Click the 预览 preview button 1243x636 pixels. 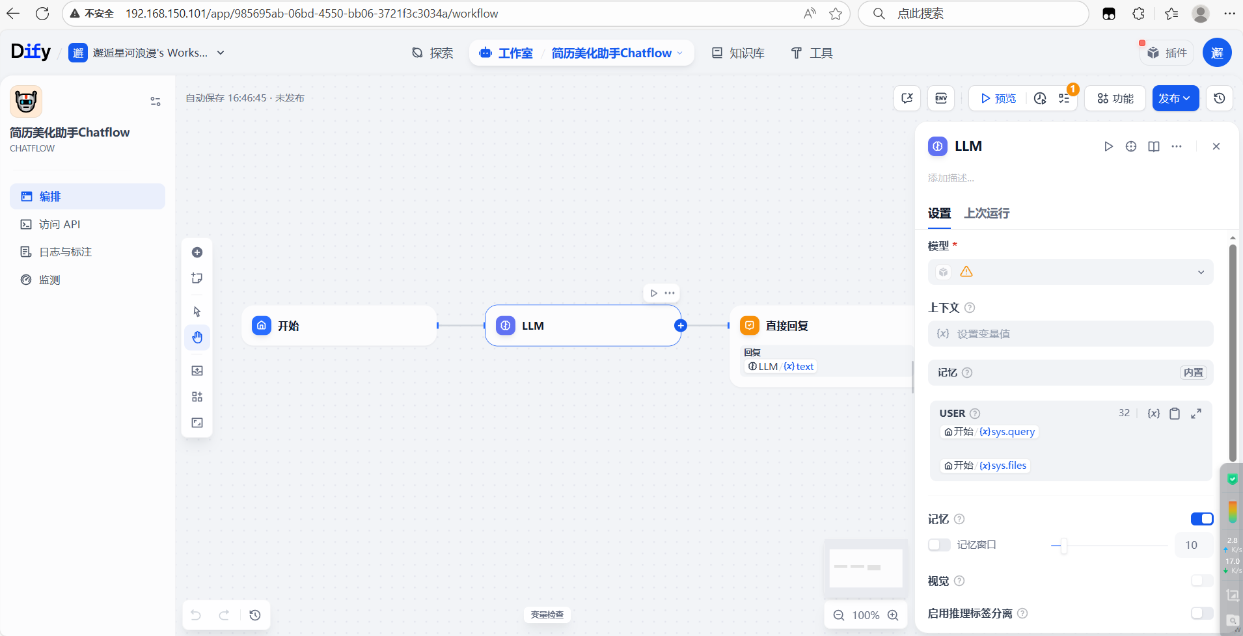tap(998, 98)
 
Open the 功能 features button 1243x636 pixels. tap(1115, 98)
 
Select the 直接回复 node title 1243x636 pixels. tap(787, 326)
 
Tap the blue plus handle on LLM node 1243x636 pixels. tap(681, 326)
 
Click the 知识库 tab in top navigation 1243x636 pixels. tap(738, 53)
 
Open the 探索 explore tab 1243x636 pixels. tap(433, 53)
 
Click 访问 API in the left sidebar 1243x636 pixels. tap(59, 224)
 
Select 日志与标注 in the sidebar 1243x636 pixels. tap(65, 252)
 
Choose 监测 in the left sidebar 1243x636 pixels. tap(49, 280)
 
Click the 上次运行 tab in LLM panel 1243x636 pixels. tap(987, 213)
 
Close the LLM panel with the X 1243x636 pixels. tap(1216, 146)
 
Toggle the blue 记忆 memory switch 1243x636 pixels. tap(1202, 519)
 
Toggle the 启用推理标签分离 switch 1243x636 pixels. tap(1202, 613)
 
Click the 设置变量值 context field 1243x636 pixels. tap(1070, 334)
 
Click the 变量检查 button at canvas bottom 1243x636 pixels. tap(547, 615)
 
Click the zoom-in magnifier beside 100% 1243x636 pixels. tap(894, 615)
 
